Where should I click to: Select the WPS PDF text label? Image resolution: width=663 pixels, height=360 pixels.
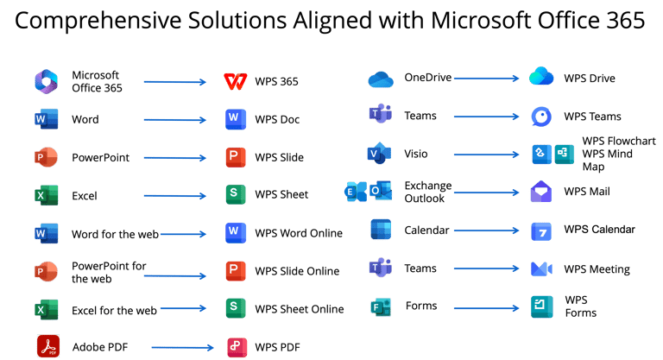(x=278, y=347)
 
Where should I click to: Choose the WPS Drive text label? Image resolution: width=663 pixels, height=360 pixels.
(x=590, y=79)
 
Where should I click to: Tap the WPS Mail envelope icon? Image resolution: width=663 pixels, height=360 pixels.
(x=541, y=193)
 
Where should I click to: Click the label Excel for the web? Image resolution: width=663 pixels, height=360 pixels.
(x=114, y=310)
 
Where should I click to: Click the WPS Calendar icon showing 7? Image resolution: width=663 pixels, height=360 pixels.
(x=541, y=231)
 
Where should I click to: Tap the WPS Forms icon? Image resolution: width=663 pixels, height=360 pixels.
(x=541, y=306)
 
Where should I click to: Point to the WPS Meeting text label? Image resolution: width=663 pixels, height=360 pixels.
(x=597, y=269)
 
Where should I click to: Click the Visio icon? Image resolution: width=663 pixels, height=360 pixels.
(x=379, y=155)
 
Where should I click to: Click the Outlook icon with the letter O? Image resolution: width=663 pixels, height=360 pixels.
(x=382, y=192)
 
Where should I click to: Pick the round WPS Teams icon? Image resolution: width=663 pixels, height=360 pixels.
(x=541, y=117)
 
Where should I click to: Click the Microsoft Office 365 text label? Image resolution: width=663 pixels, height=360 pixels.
(x=97, y=81)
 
